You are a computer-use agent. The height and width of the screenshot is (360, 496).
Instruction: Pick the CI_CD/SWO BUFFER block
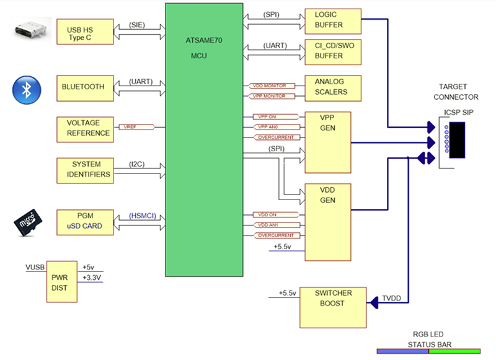coord(332,51)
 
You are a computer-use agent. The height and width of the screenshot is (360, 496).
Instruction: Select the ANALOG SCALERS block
coord(332,87)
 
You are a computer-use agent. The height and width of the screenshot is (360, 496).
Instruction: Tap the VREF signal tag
coord(130,126)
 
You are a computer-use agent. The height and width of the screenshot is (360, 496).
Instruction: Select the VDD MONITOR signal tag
coord(268,86)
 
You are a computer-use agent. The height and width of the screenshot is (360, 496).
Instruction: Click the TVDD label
coord(392,297)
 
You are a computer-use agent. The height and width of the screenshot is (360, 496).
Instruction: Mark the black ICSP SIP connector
coord(457,141)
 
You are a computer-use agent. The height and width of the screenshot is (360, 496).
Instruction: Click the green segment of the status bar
coord(454,351)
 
